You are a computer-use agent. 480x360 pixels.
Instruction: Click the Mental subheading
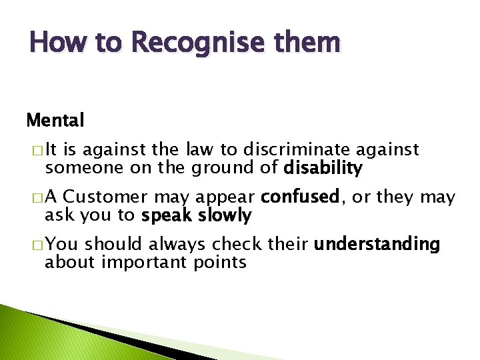click(55, 121)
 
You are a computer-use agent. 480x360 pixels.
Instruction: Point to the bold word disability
click(323, 169)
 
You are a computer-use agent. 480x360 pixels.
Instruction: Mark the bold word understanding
click(377, 245)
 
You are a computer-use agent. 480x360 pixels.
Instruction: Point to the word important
click(144, 263)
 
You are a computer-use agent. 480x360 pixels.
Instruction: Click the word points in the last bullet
click(221, 263)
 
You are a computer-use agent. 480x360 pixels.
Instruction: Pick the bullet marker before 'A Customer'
click(35, 198)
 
